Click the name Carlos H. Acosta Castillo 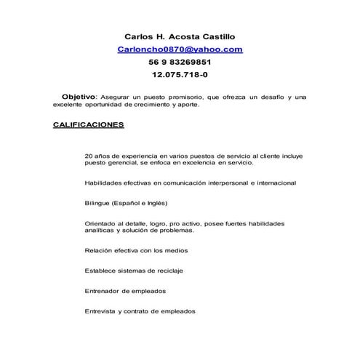click(x=180, y=36)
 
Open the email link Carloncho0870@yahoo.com click(x=180, y=49)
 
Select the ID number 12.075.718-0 click(x=180, y=74)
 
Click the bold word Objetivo click(x=79, y=97)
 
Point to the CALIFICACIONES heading click(x=88, y=124)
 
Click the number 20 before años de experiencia click(x=89, y=156)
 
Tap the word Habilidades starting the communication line click(x=103, y=183)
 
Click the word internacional click(x=272, y=183)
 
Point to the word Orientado click(x=101, y=223)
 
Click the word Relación click(x=100, y=250)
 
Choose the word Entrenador click(x=104, y=290)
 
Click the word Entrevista click(x=100, y=311)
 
